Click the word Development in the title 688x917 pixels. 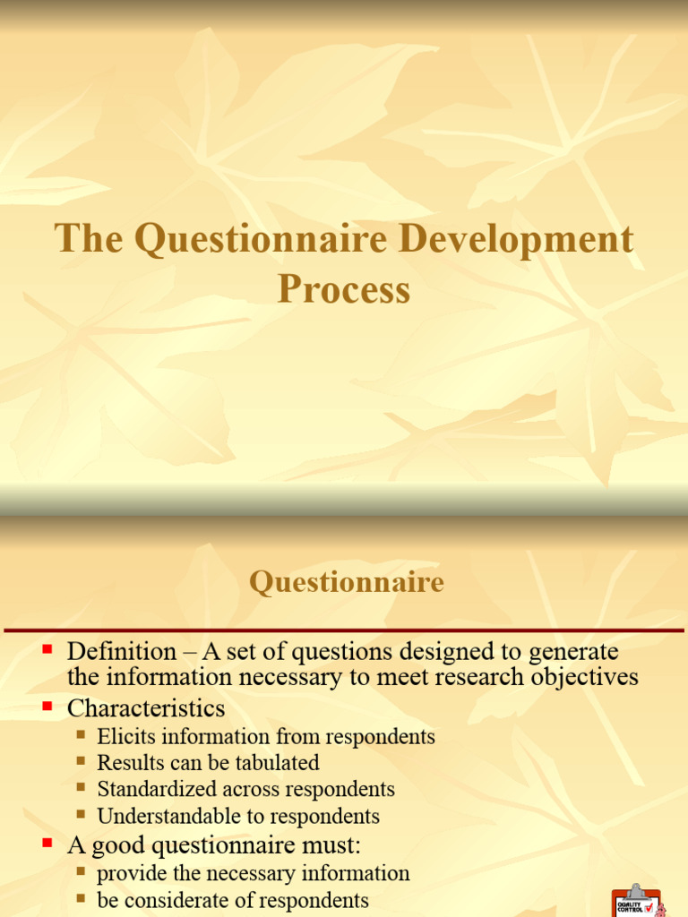tap(515, 240)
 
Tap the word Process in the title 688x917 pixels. tap(344, 289)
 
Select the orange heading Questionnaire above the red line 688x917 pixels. tap(347, 583)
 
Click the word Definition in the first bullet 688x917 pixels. tap(122, 651)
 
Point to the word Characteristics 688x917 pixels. tap(146, 708)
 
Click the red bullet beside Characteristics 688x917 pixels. tap(48, 707)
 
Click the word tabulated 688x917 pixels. tap(275, 763)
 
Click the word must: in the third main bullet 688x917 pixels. tap(330, 844)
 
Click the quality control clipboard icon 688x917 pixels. tap(637, 901)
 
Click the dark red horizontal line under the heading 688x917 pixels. tap(344, 630)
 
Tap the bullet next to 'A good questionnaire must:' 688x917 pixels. tap(48, 843)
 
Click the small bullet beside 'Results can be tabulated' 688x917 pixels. tap(82, 762)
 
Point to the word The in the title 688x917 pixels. tap(86, 240)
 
